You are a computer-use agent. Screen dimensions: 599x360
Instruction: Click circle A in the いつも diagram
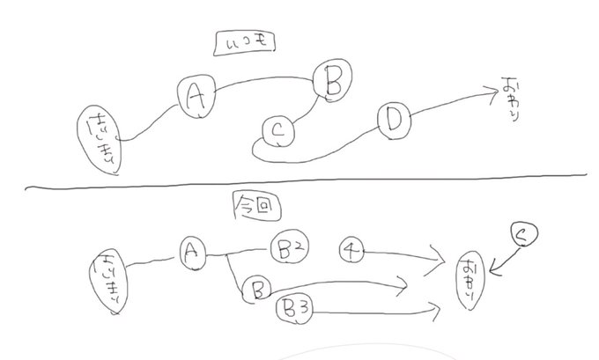coord(196,96)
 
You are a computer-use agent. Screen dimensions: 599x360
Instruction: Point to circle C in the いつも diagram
coord(278,132)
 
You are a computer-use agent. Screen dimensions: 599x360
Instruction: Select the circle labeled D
coord(392,121)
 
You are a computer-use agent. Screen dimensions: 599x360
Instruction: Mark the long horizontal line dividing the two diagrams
coord(299,186)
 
